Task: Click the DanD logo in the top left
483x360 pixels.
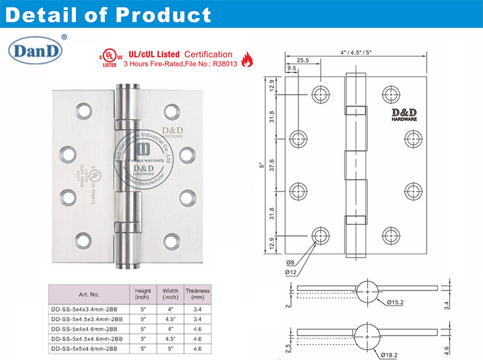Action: (34, 50)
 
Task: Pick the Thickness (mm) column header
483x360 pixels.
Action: (198, 294)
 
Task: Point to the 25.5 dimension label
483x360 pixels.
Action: (303, 61)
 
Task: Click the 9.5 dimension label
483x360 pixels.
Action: (291, 68)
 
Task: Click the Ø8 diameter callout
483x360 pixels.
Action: (290, 263)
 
